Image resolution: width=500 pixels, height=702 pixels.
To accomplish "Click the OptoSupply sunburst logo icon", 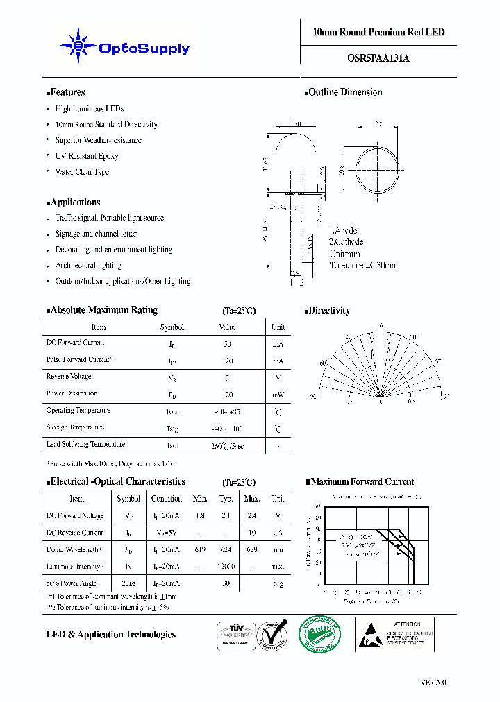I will pyautogui.click(x=78, y=47).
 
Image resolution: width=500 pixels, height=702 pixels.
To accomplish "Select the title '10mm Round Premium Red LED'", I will pyautogui.click(x=378, y=33).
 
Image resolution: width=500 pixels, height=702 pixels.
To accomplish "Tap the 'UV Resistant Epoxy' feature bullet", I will pyautogui.click(x=87, y=156).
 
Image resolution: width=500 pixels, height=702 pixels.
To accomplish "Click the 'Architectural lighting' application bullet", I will pyautogui.click(x=88, y=266).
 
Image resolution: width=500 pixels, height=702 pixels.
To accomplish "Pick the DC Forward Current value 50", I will pyautogui.click(x=228, y=344).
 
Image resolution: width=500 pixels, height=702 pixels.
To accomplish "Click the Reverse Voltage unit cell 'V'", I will pyautogui.click(x=278, y=378).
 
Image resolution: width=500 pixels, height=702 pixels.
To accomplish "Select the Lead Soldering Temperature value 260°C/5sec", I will pyautogui.click(x=228, y=446).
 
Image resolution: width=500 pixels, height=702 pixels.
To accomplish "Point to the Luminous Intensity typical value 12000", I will pyautogui.click(x=226, y=567).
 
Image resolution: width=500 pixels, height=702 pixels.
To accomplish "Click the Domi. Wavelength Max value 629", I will pyautogui.click(x=251, y=549).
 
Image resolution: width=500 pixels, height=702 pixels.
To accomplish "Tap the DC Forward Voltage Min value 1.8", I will pyautogui.click(x=200, y=516).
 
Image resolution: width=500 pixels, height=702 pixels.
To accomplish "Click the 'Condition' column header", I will pyautogui.click(x=167, y=499).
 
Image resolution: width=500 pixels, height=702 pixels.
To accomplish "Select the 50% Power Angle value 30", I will pyautogui.click(x=226, y=583).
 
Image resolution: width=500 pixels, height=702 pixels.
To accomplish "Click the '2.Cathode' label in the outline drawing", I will pyautogui.click(x=347, y=242).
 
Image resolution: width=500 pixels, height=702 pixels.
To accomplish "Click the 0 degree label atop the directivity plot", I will pyautogui.click(x=381, y=325).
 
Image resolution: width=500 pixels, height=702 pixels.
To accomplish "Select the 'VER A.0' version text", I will pyautogui.click(x=433, y=683).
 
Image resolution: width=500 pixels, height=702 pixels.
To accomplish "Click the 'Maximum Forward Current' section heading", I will pyautogui.click(x=362, y=481).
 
